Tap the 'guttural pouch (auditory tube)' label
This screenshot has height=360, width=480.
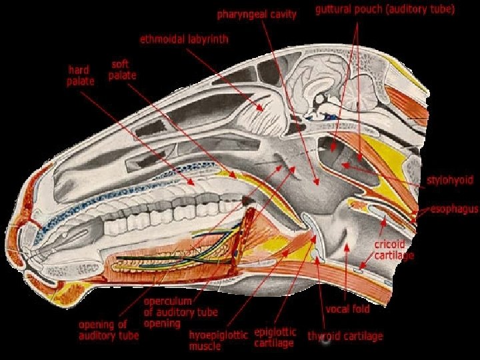[x=385, y=10]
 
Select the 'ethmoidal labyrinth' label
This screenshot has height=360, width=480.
[x=184, y=39]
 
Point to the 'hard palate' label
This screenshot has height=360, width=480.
[x=81, y=75]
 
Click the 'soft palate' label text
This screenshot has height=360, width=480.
[x=123, y=70]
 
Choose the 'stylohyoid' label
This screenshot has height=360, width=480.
[x=450, y=180]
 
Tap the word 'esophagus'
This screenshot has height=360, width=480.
[x=454, y=209]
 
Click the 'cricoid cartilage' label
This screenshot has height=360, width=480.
[x=394, y=250]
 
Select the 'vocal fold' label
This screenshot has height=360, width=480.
[x=347, y=309]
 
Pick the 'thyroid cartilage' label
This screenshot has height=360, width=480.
[x=345, y=336]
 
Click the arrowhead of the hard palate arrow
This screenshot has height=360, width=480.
[x=194, y=183]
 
